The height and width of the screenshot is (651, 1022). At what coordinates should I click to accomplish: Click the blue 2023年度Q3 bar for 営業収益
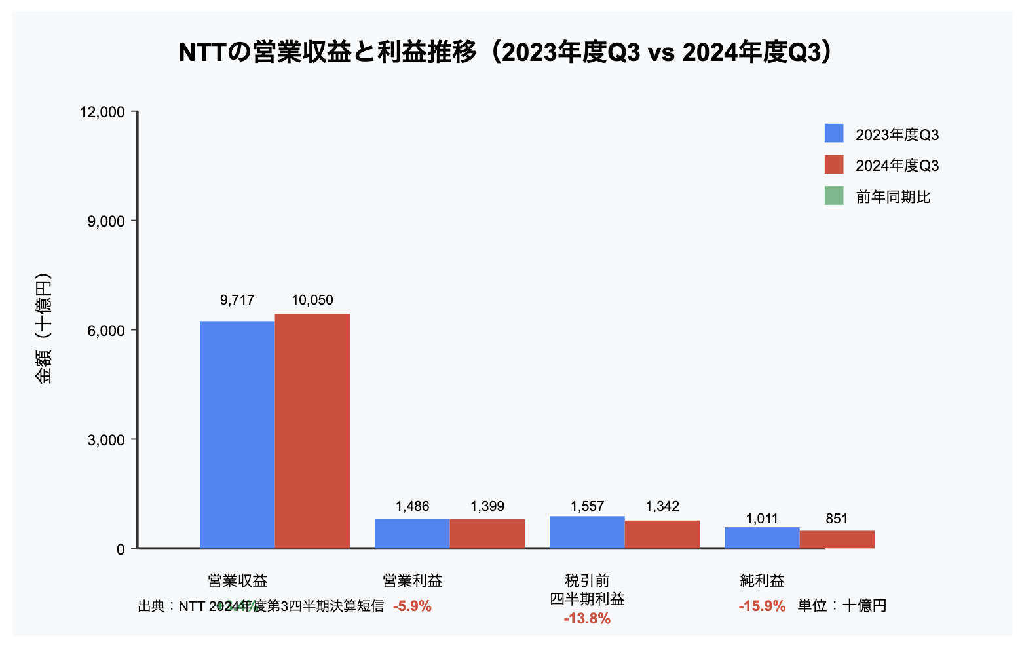237,434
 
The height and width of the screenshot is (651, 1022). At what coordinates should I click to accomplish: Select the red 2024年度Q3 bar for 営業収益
312,431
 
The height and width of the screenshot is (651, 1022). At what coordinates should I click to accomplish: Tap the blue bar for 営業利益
412,533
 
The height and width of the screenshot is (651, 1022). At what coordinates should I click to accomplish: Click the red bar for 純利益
837,539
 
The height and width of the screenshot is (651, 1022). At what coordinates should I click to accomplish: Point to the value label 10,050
312,300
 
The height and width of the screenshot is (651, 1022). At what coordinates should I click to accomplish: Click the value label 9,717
237,300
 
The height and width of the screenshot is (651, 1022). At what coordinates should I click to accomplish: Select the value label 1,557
587,506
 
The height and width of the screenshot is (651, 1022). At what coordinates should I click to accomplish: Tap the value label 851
837,519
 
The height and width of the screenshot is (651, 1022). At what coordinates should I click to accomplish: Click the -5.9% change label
412,606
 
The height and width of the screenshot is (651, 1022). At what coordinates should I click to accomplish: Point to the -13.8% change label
587,619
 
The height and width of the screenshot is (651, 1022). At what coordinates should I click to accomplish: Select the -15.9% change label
762,606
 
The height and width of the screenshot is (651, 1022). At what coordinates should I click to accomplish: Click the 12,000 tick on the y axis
102,112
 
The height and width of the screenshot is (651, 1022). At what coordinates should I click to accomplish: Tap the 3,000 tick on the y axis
106,439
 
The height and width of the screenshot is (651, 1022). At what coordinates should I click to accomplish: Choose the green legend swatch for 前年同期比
834,196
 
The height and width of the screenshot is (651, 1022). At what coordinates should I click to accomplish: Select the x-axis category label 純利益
762,580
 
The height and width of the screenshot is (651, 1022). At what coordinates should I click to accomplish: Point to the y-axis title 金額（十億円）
44,329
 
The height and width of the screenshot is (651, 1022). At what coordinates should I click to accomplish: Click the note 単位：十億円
842,606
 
